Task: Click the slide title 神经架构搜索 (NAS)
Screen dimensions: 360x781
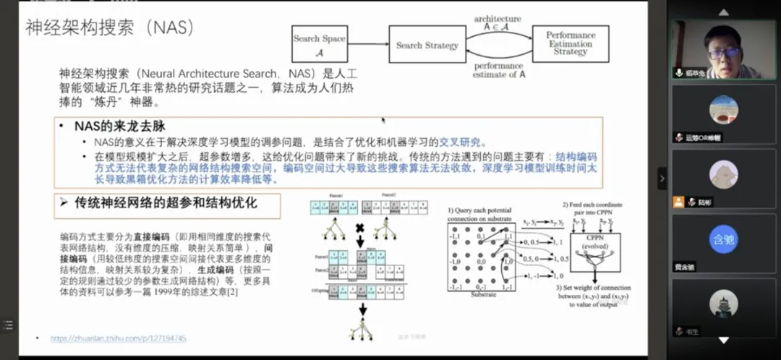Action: click(x=110, y=27)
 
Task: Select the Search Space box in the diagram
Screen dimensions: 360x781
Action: click(x=319, y=44)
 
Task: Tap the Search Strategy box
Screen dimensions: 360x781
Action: click(x=427, y=46)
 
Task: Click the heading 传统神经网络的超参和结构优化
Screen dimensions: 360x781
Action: click(x=166, y=203)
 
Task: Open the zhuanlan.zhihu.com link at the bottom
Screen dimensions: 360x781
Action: click(x=118, y=338)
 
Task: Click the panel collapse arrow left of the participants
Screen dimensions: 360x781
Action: click(x=662, y=178)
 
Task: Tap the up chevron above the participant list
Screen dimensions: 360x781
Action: click(x=724, y=12)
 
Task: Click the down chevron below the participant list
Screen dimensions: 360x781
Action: click(x=724, y=340)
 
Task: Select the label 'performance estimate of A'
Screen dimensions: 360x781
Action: click(x=498, y=70)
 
